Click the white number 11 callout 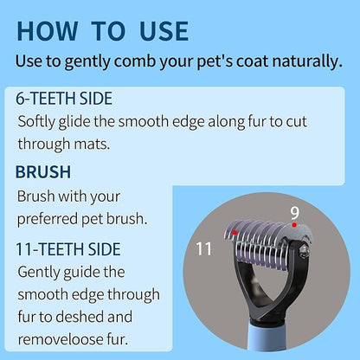click(203, 250)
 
